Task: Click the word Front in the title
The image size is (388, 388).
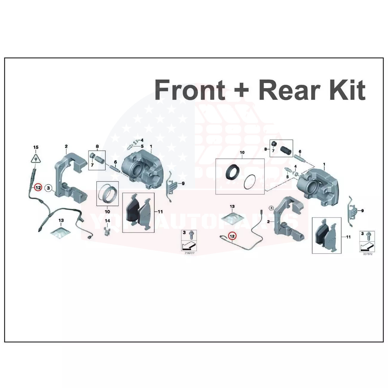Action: point(190,90)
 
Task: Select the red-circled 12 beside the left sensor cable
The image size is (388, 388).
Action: point(38,188)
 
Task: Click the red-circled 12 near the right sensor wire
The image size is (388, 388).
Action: point(232,236)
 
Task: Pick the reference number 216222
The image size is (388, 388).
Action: point(189,252)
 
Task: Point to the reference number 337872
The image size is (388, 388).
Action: point(368,254)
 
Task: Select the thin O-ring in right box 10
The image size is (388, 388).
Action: point(250,182)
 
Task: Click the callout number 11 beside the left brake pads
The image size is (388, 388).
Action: point(160,212)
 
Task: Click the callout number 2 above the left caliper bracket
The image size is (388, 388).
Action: point(66,146)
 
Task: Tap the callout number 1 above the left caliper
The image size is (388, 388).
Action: point(151,146)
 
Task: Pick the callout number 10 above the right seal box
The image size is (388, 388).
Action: point(242,153)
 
